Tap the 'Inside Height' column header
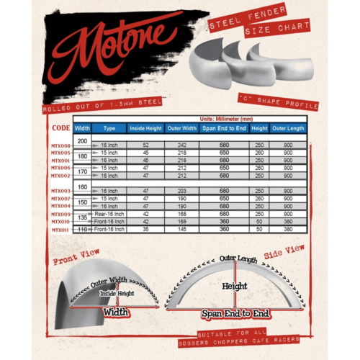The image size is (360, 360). (x=145, y=128)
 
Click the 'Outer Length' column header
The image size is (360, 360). (x=287, y=128)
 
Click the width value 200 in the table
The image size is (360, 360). (x=82, y=140)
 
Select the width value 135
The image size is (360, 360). (x=82, y=216)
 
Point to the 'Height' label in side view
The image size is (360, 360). (x=234, y=286)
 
